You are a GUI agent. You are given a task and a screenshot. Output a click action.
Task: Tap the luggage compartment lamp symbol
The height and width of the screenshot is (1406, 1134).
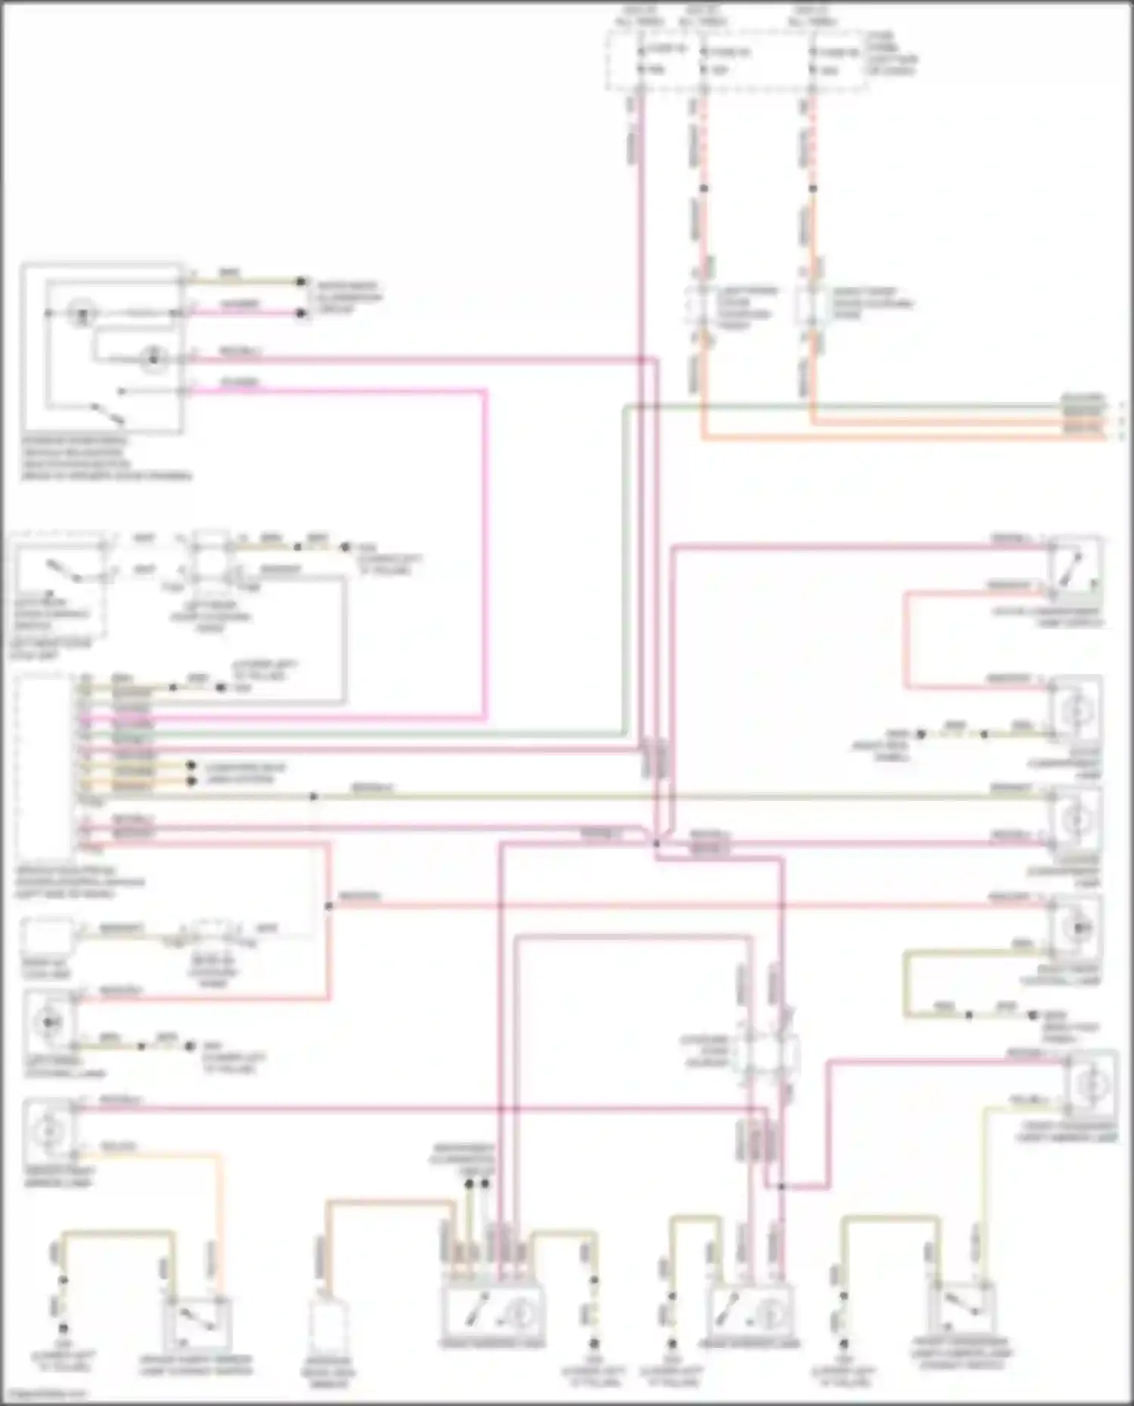[1077, 820]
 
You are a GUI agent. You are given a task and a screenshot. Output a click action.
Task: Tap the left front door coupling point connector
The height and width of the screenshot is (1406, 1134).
[702, 306]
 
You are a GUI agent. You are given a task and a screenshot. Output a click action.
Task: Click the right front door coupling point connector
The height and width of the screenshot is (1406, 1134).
[813, 306]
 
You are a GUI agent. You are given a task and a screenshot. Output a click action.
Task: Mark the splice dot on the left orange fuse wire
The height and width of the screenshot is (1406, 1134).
[704, 188]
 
